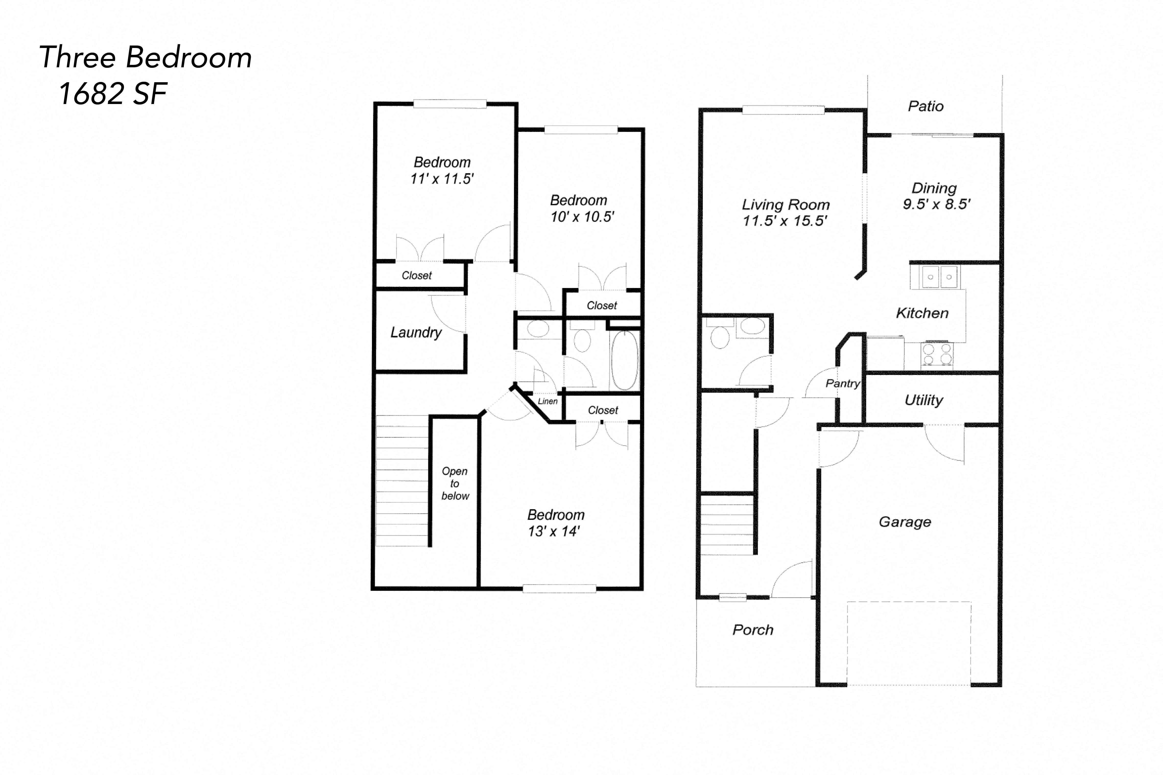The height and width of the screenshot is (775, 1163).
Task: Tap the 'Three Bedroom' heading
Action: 145,57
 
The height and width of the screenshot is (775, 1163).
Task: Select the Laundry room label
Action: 416,332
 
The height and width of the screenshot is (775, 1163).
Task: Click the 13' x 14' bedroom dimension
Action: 554,531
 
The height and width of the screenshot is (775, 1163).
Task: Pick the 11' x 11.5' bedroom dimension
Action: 441,179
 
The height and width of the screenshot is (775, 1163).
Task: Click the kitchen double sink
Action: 939,277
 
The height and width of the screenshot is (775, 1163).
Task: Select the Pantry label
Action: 843,383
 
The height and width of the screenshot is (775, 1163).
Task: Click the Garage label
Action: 905,522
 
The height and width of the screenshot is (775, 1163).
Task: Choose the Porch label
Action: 753,630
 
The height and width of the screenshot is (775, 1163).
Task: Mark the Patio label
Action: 926,106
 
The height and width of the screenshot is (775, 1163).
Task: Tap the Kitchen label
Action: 922,313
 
